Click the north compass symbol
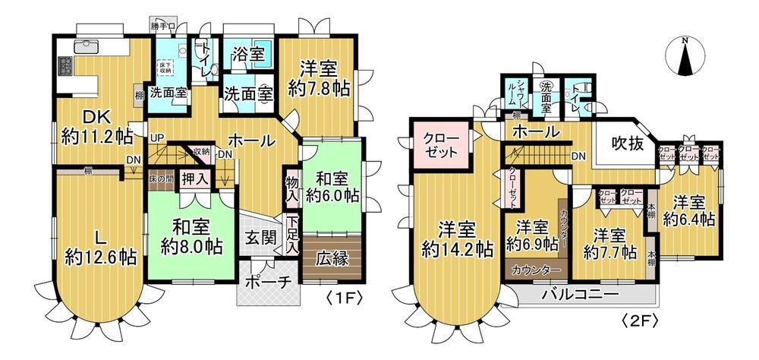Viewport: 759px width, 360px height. pyautogui.click(x=685, y=56)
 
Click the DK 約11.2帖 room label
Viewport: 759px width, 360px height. pyautogui.click(x=96, y=128)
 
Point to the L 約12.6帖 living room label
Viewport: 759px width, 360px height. pyautogui.click(x=99, y=246)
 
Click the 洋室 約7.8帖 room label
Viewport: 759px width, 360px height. pyautogui.click(x=319, y=77)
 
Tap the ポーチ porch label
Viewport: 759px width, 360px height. pyautogui.click(x=268, y=283)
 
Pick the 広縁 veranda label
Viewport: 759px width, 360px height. pyautogui.click(x=332, y=258)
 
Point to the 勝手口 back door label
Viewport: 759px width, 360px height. pyautogui.click(x=162, y=27)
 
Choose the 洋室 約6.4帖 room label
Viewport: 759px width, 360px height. pyautogui.click(x=688, y=210)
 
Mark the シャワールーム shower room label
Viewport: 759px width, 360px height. pyautogui.click(x=518, y=95)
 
